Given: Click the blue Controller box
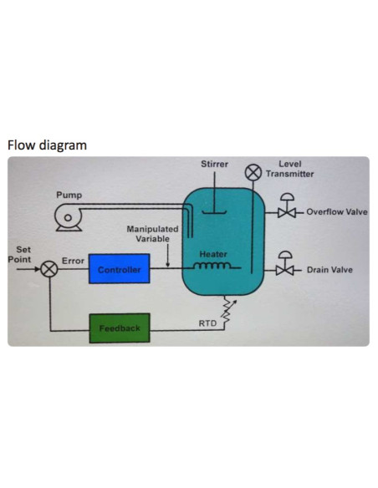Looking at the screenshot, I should tap(119, 269).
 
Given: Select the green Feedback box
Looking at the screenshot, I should tap(120, 328).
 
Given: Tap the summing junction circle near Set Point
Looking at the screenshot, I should tap(50, 269).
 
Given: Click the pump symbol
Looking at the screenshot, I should tap(64, 218).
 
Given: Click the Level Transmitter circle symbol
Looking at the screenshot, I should tap(253, 173).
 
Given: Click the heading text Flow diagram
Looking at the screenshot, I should tap(47, 145).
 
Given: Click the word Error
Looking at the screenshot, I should tap(73, 260).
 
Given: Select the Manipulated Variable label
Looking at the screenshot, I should tap(152, 233).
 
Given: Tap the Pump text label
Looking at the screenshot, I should tap(69, 195).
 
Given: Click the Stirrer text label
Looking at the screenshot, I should tap(215, 164).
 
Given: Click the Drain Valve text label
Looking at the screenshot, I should tap(329, 269).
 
